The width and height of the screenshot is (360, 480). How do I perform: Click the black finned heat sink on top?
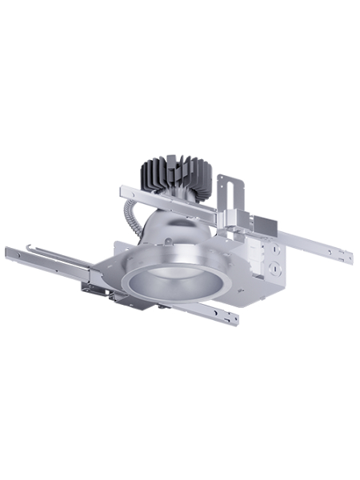[174, 171]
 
